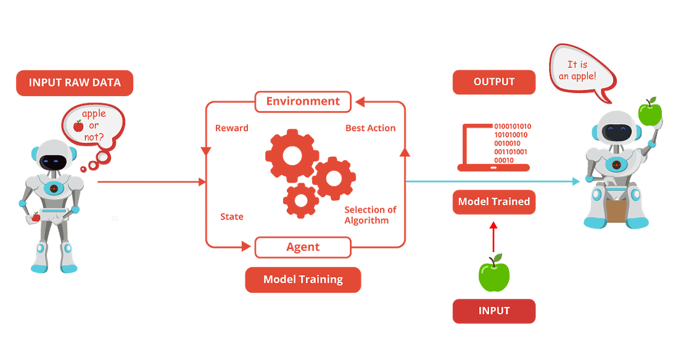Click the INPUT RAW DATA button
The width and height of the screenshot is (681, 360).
(74, 83)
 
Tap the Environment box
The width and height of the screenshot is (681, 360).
(303, 102)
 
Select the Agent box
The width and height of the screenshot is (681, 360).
(303, 247)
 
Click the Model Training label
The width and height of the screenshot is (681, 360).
(303, 279)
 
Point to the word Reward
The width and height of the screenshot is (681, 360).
(232, 128)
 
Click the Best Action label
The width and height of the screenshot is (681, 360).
(370, 128)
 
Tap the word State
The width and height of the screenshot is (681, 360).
(232, 216)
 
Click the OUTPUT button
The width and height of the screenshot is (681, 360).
(493, 82)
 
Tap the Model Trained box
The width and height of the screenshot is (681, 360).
(493, 202)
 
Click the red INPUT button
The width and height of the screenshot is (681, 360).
(493, 311)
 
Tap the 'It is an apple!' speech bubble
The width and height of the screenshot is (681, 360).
(582, 72)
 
